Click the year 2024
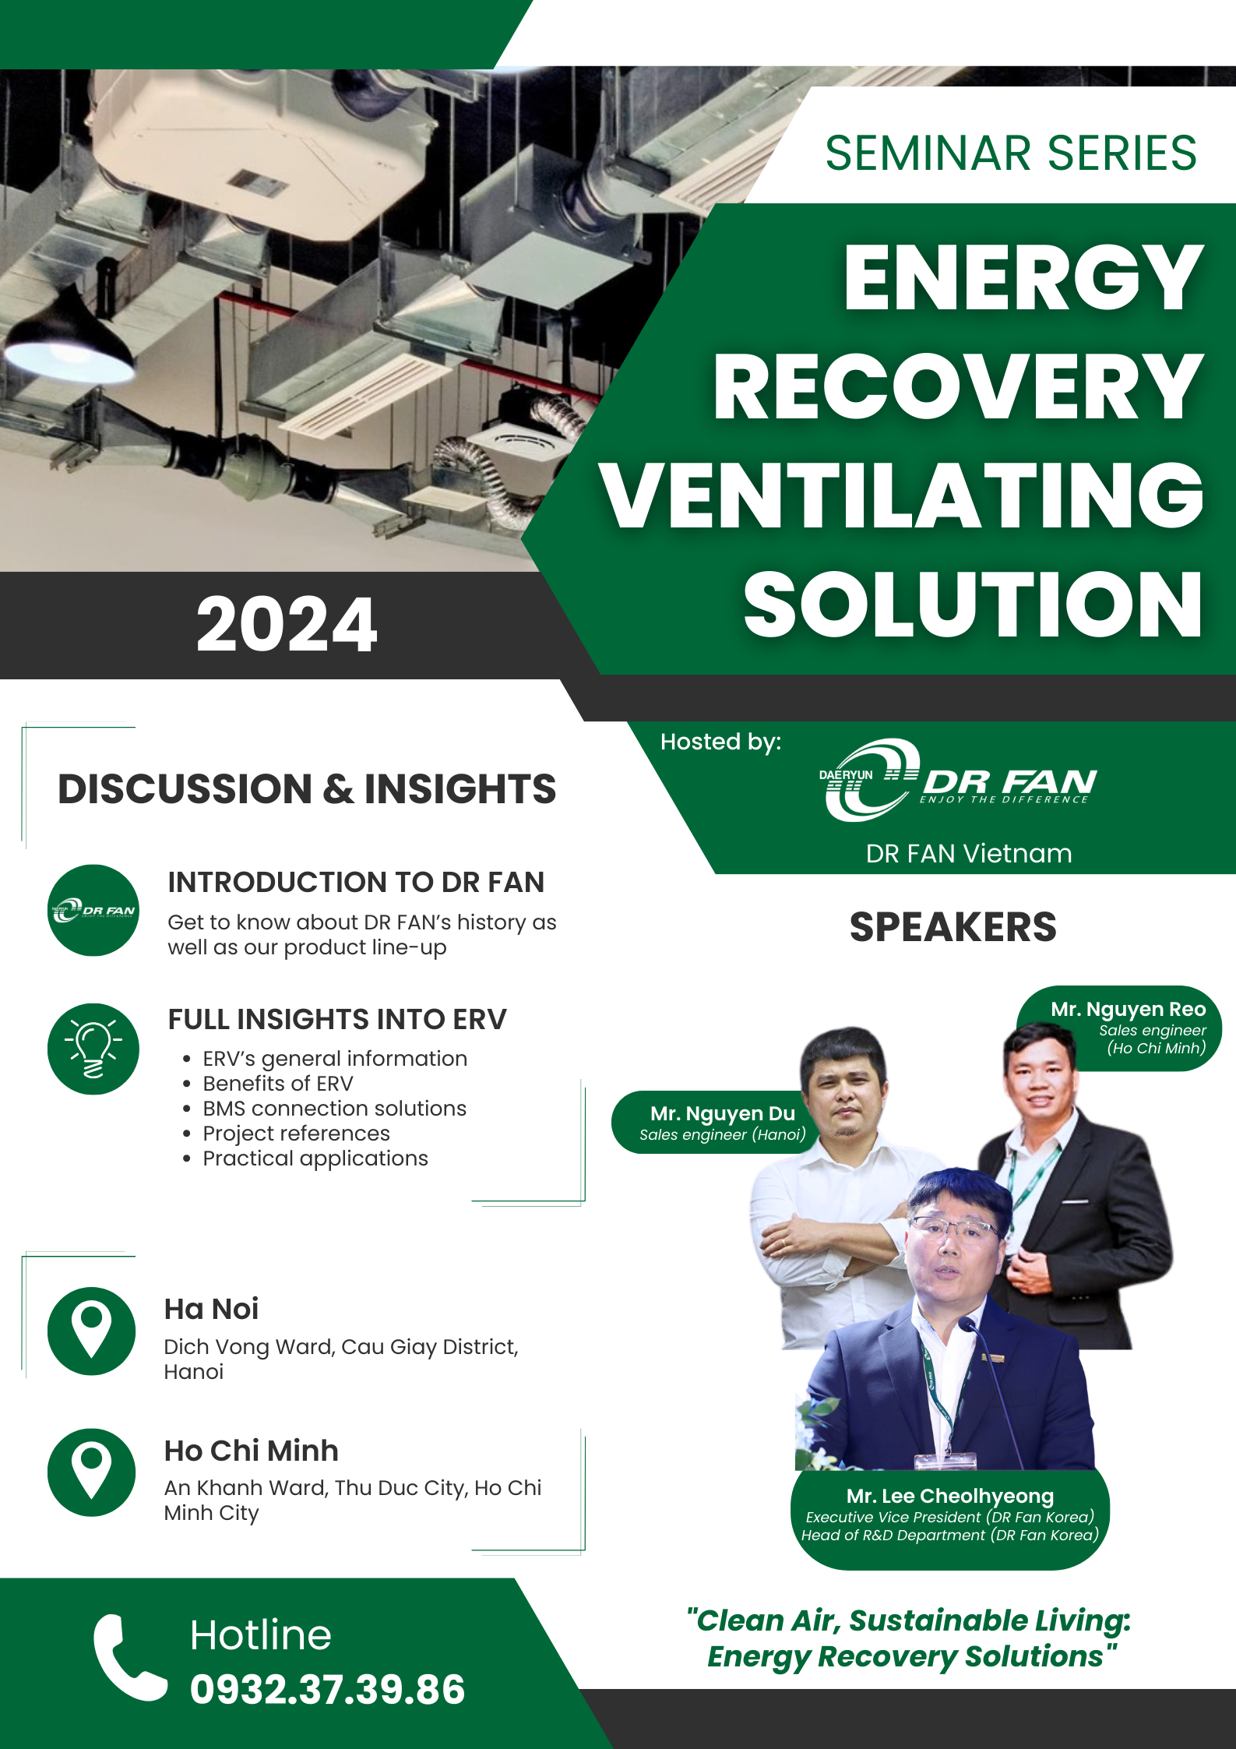[x=287, y=624]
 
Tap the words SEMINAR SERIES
[x=1011, y=153]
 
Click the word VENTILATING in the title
[x=902, y=495]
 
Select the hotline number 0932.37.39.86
[x=327, y=1689]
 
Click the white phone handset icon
[x=129, y=1656]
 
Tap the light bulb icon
[x=93, y=1049]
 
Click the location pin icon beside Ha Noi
[x=92, y=1330]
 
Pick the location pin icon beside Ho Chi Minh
[x=92, y=1472]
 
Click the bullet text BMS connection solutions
[x=334, y=1108]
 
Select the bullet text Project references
[x=296, y=1133]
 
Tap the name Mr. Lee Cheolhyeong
[x=950, y=1496]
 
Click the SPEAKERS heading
[x=953, y=927]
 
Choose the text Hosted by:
[x=720, y=742]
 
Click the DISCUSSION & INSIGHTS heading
[x=307, y=788]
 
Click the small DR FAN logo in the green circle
[x=93, y=910]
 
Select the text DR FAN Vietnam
[x=969, y=853]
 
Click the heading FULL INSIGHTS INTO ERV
[x=337, y=1019]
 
